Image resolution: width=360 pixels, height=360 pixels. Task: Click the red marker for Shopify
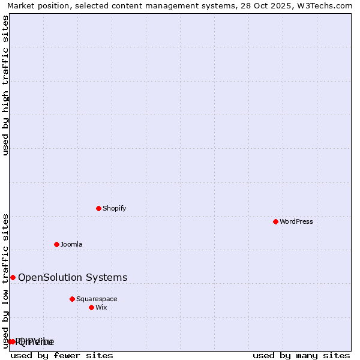tap(99, 208)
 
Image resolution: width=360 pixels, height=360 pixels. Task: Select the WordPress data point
tap(276, 221)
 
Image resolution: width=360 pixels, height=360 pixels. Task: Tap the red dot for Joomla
tap(57, 244)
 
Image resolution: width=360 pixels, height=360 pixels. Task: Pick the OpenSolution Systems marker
tap(13, 277)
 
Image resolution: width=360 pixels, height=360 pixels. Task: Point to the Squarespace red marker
tap(73, 299)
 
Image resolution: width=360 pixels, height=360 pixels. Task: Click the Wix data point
tap(92, 307)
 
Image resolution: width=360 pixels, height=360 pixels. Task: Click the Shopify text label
tap(114, 208)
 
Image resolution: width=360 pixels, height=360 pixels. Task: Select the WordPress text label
tap(296, 221)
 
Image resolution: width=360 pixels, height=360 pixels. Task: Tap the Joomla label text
tap(71, 244)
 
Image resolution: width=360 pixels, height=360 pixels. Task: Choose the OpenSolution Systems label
tap(73, 277)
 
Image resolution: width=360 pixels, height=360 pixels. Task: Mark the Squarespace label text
tap(97, 299)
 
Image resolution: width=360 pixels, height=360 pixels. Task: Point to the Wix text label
tap(101, 307)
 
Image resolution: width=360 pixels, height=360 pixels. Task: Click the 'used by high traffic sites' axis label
tap(6, 85)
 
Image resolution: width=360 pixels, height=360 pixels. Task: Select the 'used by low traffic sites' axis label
tap(6, 281)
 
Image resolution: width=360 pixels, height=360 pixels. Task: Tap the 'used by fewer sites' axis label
tap(62, 355)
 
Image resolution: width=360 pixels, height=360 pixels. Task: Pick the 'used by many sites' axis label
tap(301, 355)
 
